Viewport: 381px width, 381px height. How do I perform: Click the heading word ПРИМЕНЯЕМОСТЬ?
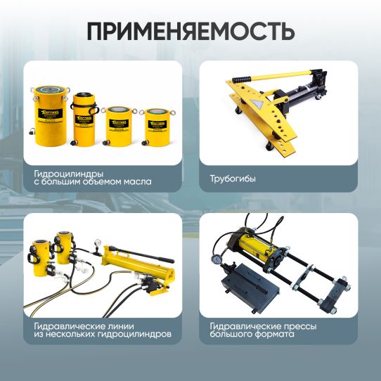point(190,32)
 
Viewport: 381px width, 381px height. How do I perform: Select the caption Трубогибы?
point(233,179)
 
